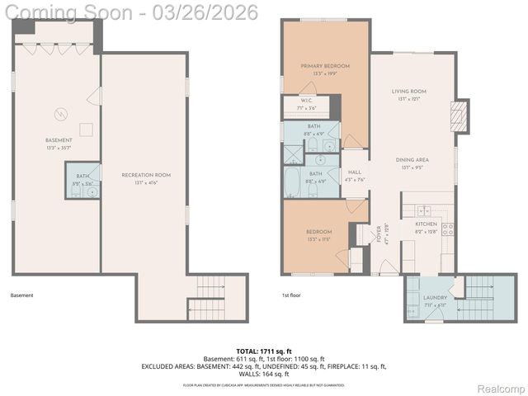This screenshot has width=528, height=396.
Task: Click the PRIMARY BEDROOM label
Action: tap(325, 66)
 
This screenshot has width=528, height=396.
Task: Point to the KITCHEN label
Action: tap(426, 224)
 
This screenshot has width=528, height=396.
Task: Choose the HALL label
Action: tap(355, 172)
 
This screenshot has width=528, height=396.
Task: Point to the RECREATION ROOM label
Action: tap(145, 175)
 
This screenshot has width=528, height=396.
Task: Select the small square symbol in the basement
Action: tap(85, 128)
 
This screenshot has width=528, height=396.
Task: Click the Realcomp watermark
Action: tap(501, 388)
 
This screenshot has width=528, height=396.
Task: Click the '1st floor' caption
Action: tap(290, 294)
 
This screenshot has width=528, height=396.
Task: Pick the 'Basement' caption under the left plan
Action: tap(22, 294)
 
